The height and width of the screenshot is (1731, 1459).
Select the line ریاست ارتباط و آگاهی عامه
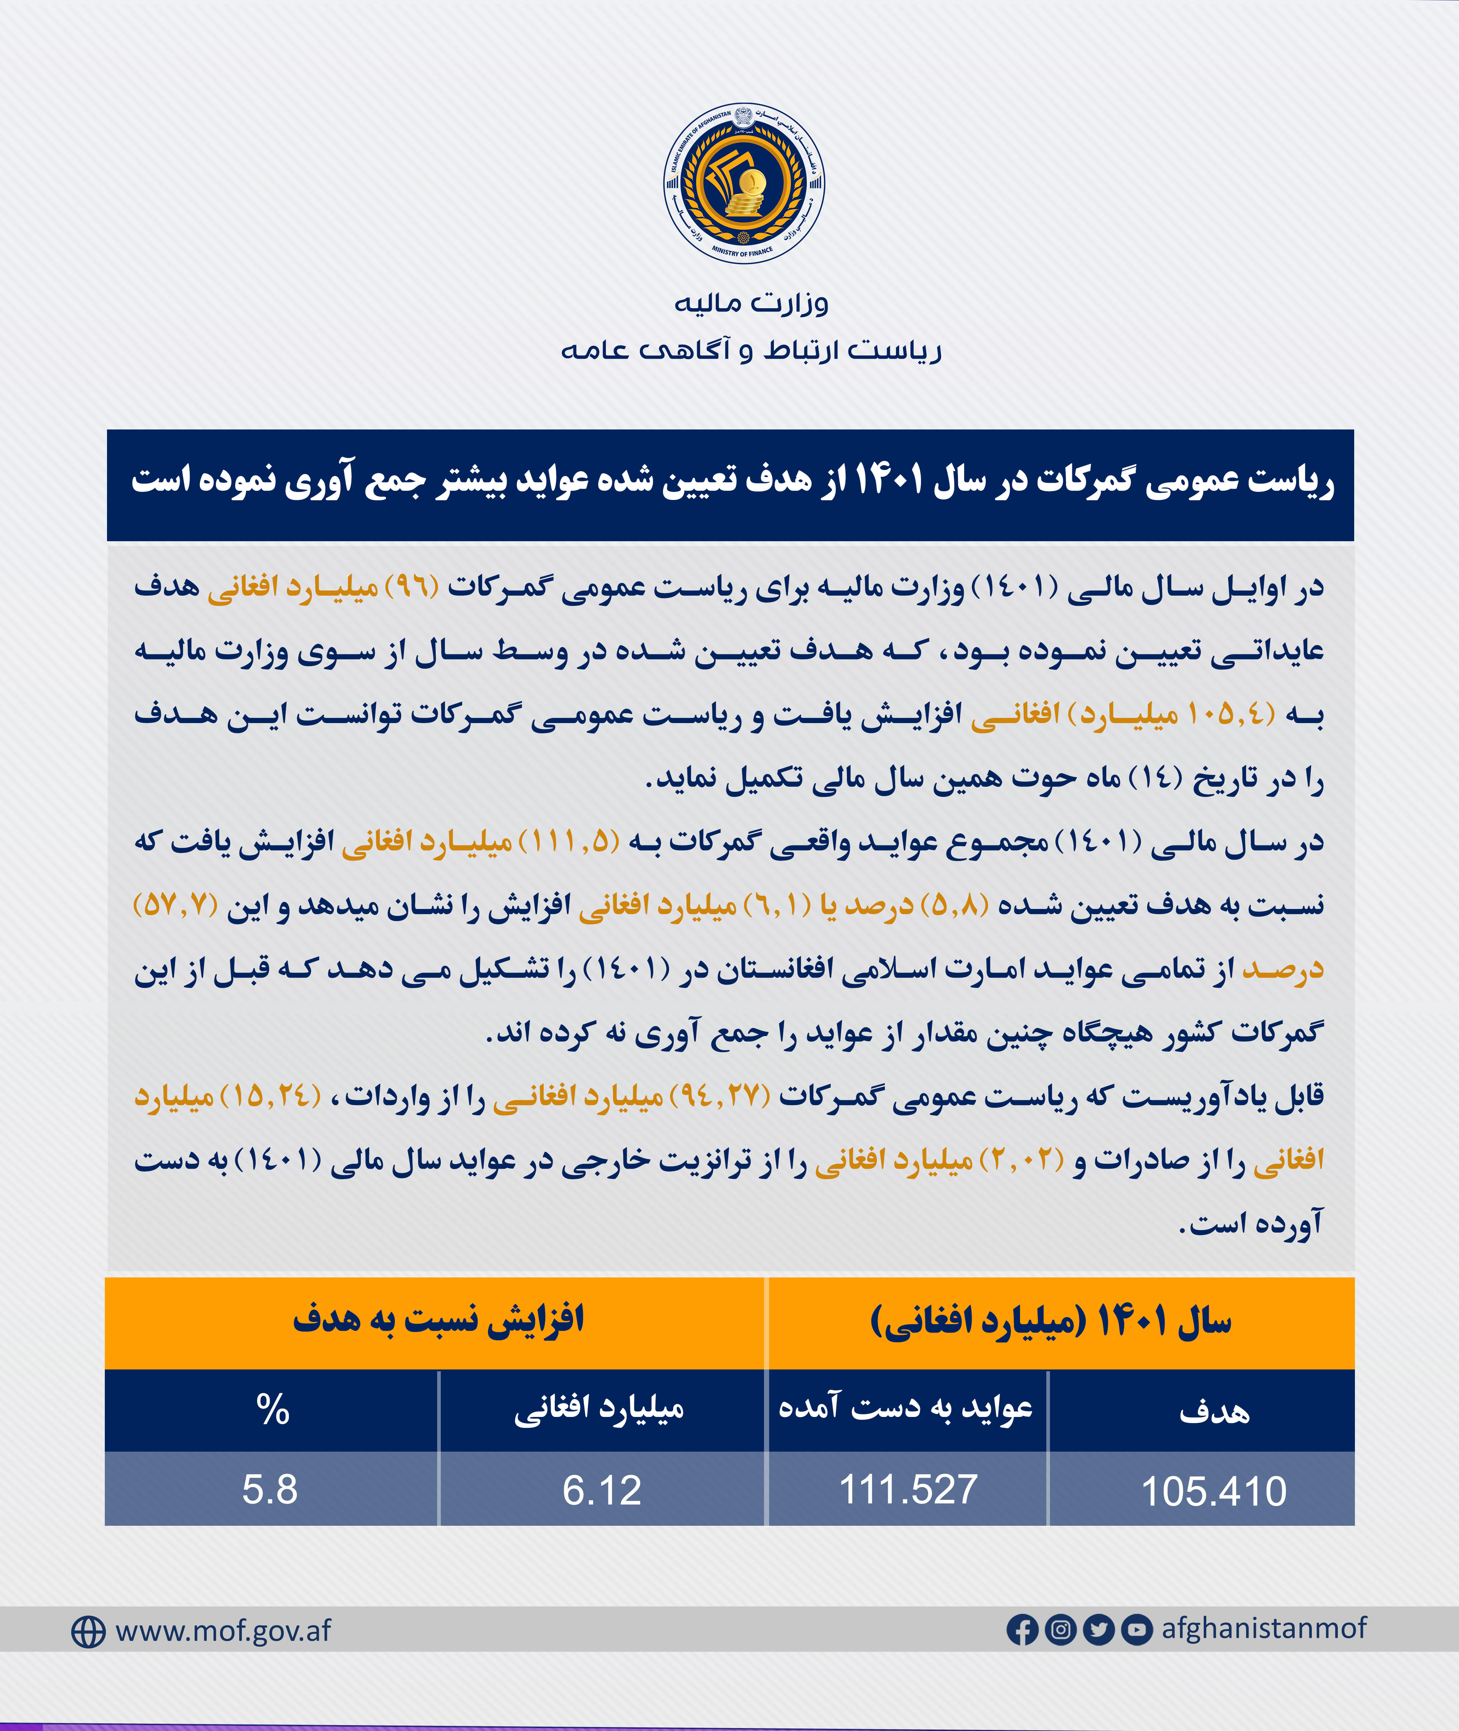[751, 351]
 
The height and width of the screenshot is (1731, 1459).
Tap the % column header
[272, 1409]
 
